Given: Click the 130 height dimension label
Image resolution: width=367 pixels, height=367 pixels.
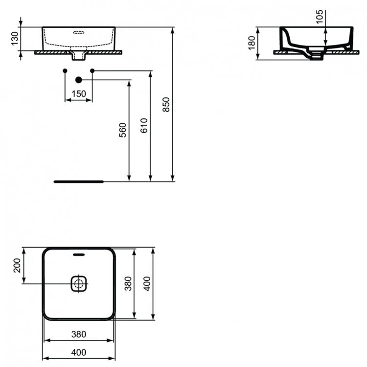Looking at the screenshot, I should pyautogui.click(x=15, y=38).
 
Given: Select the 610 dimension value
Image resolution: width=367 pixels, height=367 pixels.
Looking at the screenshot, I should pyautogui.click(x=143, y=126).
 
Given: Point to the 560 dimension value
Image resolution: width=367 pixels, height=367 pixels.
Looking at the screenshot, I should pyautogui.click(x=123, y=130).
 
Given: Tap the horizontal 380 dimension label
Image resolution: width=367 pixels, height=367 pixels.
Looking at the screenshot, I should pyautogui.click(x=79, y=335).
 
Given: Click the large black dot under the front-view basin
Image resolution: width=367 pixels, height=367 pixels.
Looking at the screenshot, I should pyautogui.click(x=78, y=79).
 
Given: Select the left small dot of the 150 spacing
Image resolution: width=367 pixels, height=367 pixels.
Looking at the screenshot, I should pyautogui.click(x=65, y=71).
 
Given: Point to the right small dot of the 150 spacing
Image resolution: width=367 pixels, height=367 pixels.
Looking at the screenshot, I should pyautogui.click(x=92, y=71).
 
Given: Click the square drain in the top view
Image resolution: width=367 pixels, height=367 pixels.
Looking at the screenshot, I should pyautogui.click(x=79, y=283).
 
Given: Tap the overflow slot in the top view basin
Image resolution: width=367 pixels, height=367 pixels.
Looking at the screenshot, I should pyautogui.click(x=79, y=254).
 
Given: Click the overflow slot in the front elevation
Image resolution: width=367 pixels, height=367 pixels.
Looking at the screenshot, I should pyautogui.click(x=79, y=33).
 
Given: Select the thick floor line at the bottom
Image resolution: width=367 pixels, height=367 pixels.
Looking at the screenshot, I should pyautogui.click(x=78, y=181).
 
